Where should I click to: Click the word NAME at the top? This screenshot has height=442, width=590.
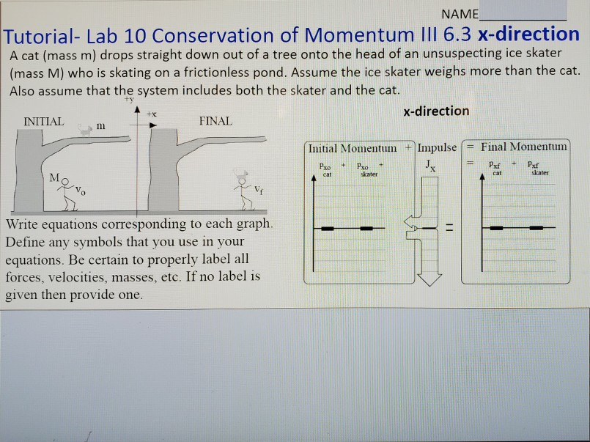point(460,14)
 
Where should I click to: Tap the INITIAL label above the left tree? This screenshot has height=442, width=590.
point(43,121)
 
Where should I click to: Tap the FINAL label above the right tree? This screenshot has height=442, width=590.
point(215,121)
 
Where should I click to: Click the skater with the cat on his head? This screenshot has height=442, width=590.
point(243,189)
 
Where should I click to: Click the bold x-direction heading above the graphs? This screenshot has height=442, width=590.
point(436,111)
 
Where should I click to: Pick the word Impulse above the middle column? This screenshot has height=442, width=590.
point(437,147)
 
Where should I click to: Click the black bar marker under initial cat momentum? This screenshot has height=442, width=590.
point(327,228)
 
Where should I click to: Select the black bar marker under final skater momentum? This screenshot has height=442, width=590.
point(539,228)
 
